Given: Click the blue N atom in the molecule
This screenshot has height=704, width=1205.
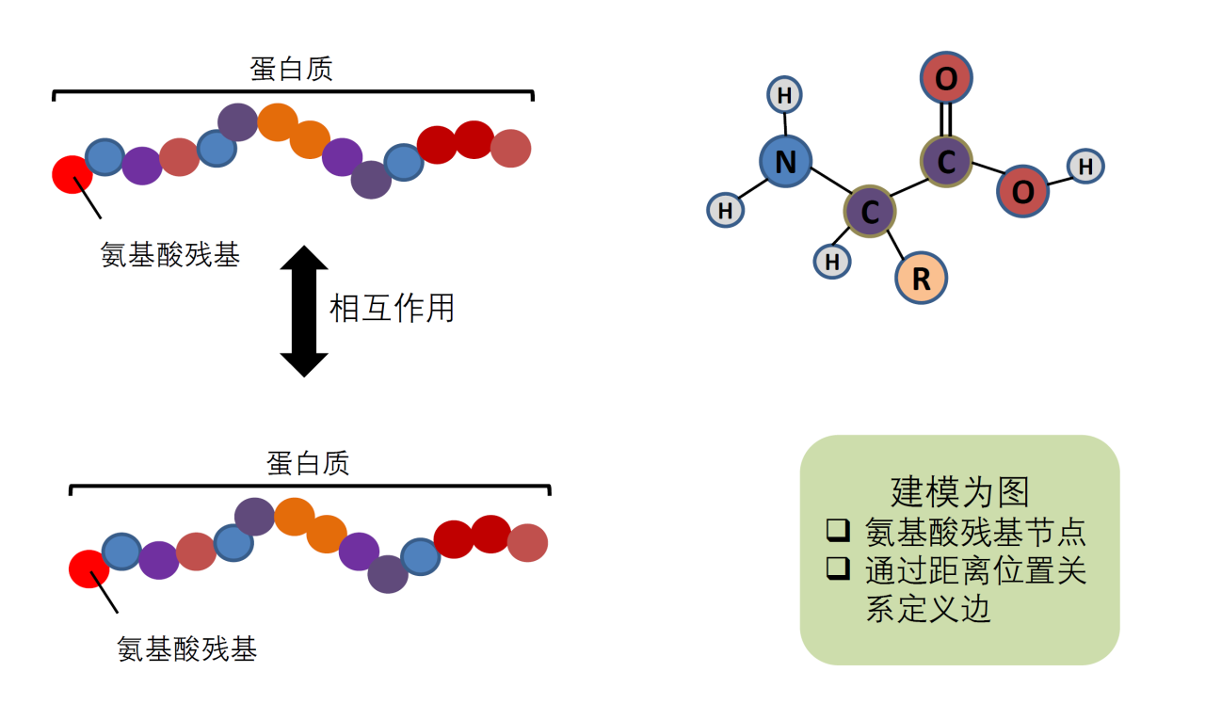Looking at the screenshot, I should [785, 162].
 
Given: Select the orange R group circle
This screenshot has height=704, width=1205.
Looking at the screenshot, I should [921, 278].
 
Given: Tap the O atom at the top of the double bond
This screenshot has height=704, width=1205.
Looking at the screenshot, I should [946, 78].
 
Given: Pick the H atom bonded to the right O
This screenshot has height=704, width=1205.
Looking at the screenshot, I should [1084, 167].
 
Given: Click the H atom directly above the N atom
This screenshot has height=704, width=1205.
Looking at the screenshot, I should [786, 94].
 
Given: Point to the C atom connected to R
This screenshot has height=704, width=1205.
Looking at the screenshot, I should [870, 212].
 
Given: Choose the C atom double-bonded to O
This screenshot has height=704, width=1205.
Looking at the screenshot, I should [946, 161].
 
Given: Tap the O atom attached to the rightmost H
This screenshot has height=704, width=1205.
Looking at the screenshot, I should [1022, 192].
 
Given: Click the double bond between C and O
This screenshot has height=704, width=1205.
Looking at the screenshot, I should [946, 120].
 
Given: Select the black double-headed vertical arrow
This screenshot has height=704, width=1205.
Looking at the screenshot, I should [304, 311].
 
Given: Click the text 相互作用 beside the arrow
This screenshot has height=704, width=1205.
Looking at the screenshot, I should [392, 308].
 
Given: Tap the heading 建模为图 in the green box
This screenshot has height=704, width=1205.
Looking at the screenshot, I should [959, 491].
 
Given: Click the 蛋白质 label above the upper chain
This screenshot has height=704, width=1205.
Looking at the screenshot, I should [292, 69].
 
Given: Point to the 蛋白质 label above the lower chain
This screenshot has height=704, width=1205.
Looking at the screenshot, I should [308, 462].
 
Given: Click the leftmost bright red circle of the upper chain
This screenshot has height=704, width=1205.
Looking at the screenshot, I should [72, 175].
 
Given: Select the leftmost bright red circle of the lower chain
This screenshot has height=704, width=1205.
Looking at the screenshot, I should [88, 568].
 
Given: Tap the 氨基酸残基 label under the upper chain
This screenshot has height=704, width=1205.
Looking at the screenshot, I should [170, 255].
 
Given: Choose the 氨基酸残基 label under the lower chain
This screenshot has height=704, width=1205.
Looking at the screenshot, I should [187, 648].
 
